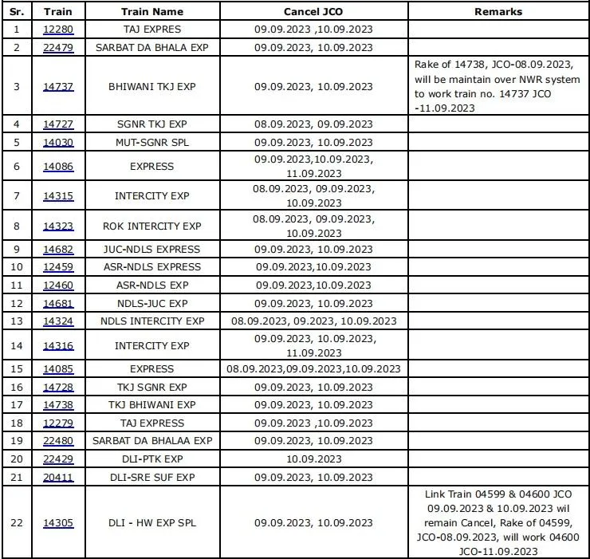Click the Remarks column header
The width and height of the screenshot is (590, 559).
click(x=498, y=12)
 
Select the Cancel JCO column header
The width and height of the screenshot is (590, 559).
click(x=313, y=12)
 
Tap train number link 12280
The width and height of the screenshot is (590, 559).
click(x=57, y=30)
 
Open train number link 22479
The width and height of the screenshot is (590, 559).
click(x=57, y=47)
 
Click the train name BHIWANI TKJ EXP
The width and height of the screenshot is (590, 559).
click(x=151, y=86)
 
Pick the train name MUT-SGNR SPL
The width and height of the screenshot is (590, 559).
click(x=151, y=142)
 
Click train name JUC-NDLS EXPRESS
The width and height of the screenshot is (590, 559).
click(x=151, y=249)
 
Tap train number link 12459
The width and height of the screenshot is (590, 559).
click(x=57, y=266)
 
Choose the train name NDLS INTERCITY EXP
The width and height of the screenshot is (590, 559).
click(x=151, y=321)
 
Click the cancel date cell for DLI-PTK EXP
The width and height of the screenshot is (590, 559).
click(x=313, y=459)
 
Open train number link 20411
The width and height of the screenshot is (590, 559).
click(x=57, y=477)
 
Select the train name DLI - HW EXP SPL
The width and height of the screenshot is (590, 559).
click(x=151, y=523)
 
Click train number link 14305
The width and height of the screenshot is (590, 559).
click(x=57, y=523)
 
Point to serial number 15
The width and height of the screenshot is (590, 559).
click(x=17, y=369)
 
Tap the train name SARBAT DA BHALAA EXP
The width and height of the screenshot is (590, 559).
click(x=151, y=440)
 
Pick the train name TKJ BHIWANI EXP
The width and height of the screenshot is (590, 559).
click(x=151, y=404)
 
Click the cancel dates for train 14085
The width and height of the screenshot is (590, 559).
click(x=313, y=369)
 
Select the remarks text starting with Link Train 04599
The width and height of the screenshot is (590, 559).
click(x=498, y=523)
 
